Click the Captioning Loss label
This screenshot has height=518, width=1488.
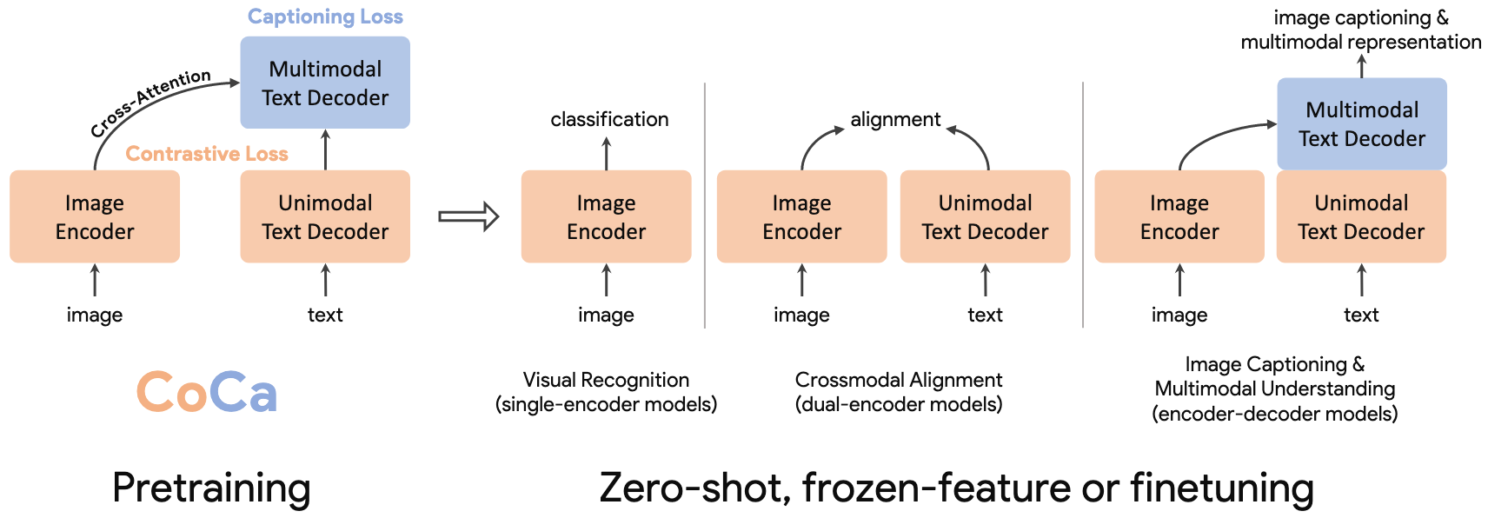click(x=325, y=17)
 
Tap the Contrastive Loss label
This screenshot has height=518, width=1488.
click(x=207, y=154)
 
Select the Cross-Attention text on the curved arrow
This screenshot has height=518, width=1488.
click(x=150, y=103)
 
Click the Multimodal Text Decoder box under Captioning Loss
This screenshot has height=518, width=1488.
click(x=325, y=83)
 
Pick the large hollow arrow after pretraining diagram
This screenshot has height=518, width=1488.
click(x=468, y=216)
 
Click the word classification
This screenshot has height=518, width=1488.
click(x=609, y=120)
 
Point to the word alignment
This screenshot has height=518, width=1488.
click(x=895, y=120)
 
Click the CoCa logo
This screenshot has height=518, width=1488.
click(x=207, y=391)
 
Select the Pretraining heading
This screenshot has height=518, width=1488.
click(x=211, y=488)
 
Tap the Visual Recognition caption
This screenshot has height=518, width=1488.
click(x=606, y=392)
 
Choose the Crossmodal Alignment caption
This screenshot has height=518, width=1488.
click(x=899, y=392)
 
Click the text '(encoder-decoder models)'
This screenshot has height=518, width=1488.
click(x=1275, y=414)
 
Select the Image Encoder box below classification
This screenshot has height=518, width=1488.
click(x=607, y=216)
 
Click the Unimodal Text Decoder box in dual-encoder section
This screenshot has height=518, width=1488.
click(x=985, y=216)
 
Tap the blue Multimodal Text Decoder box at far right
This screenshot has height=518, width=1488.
click(x=1362, y=123)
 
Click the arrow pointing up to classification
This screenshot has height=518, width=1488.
click(x=607, y=154)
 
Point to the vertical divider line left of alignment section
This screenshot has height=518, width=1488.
click(x=705, y=205)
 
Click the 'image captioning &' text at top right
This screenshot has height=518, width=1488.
click(x=1361, y=18)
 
